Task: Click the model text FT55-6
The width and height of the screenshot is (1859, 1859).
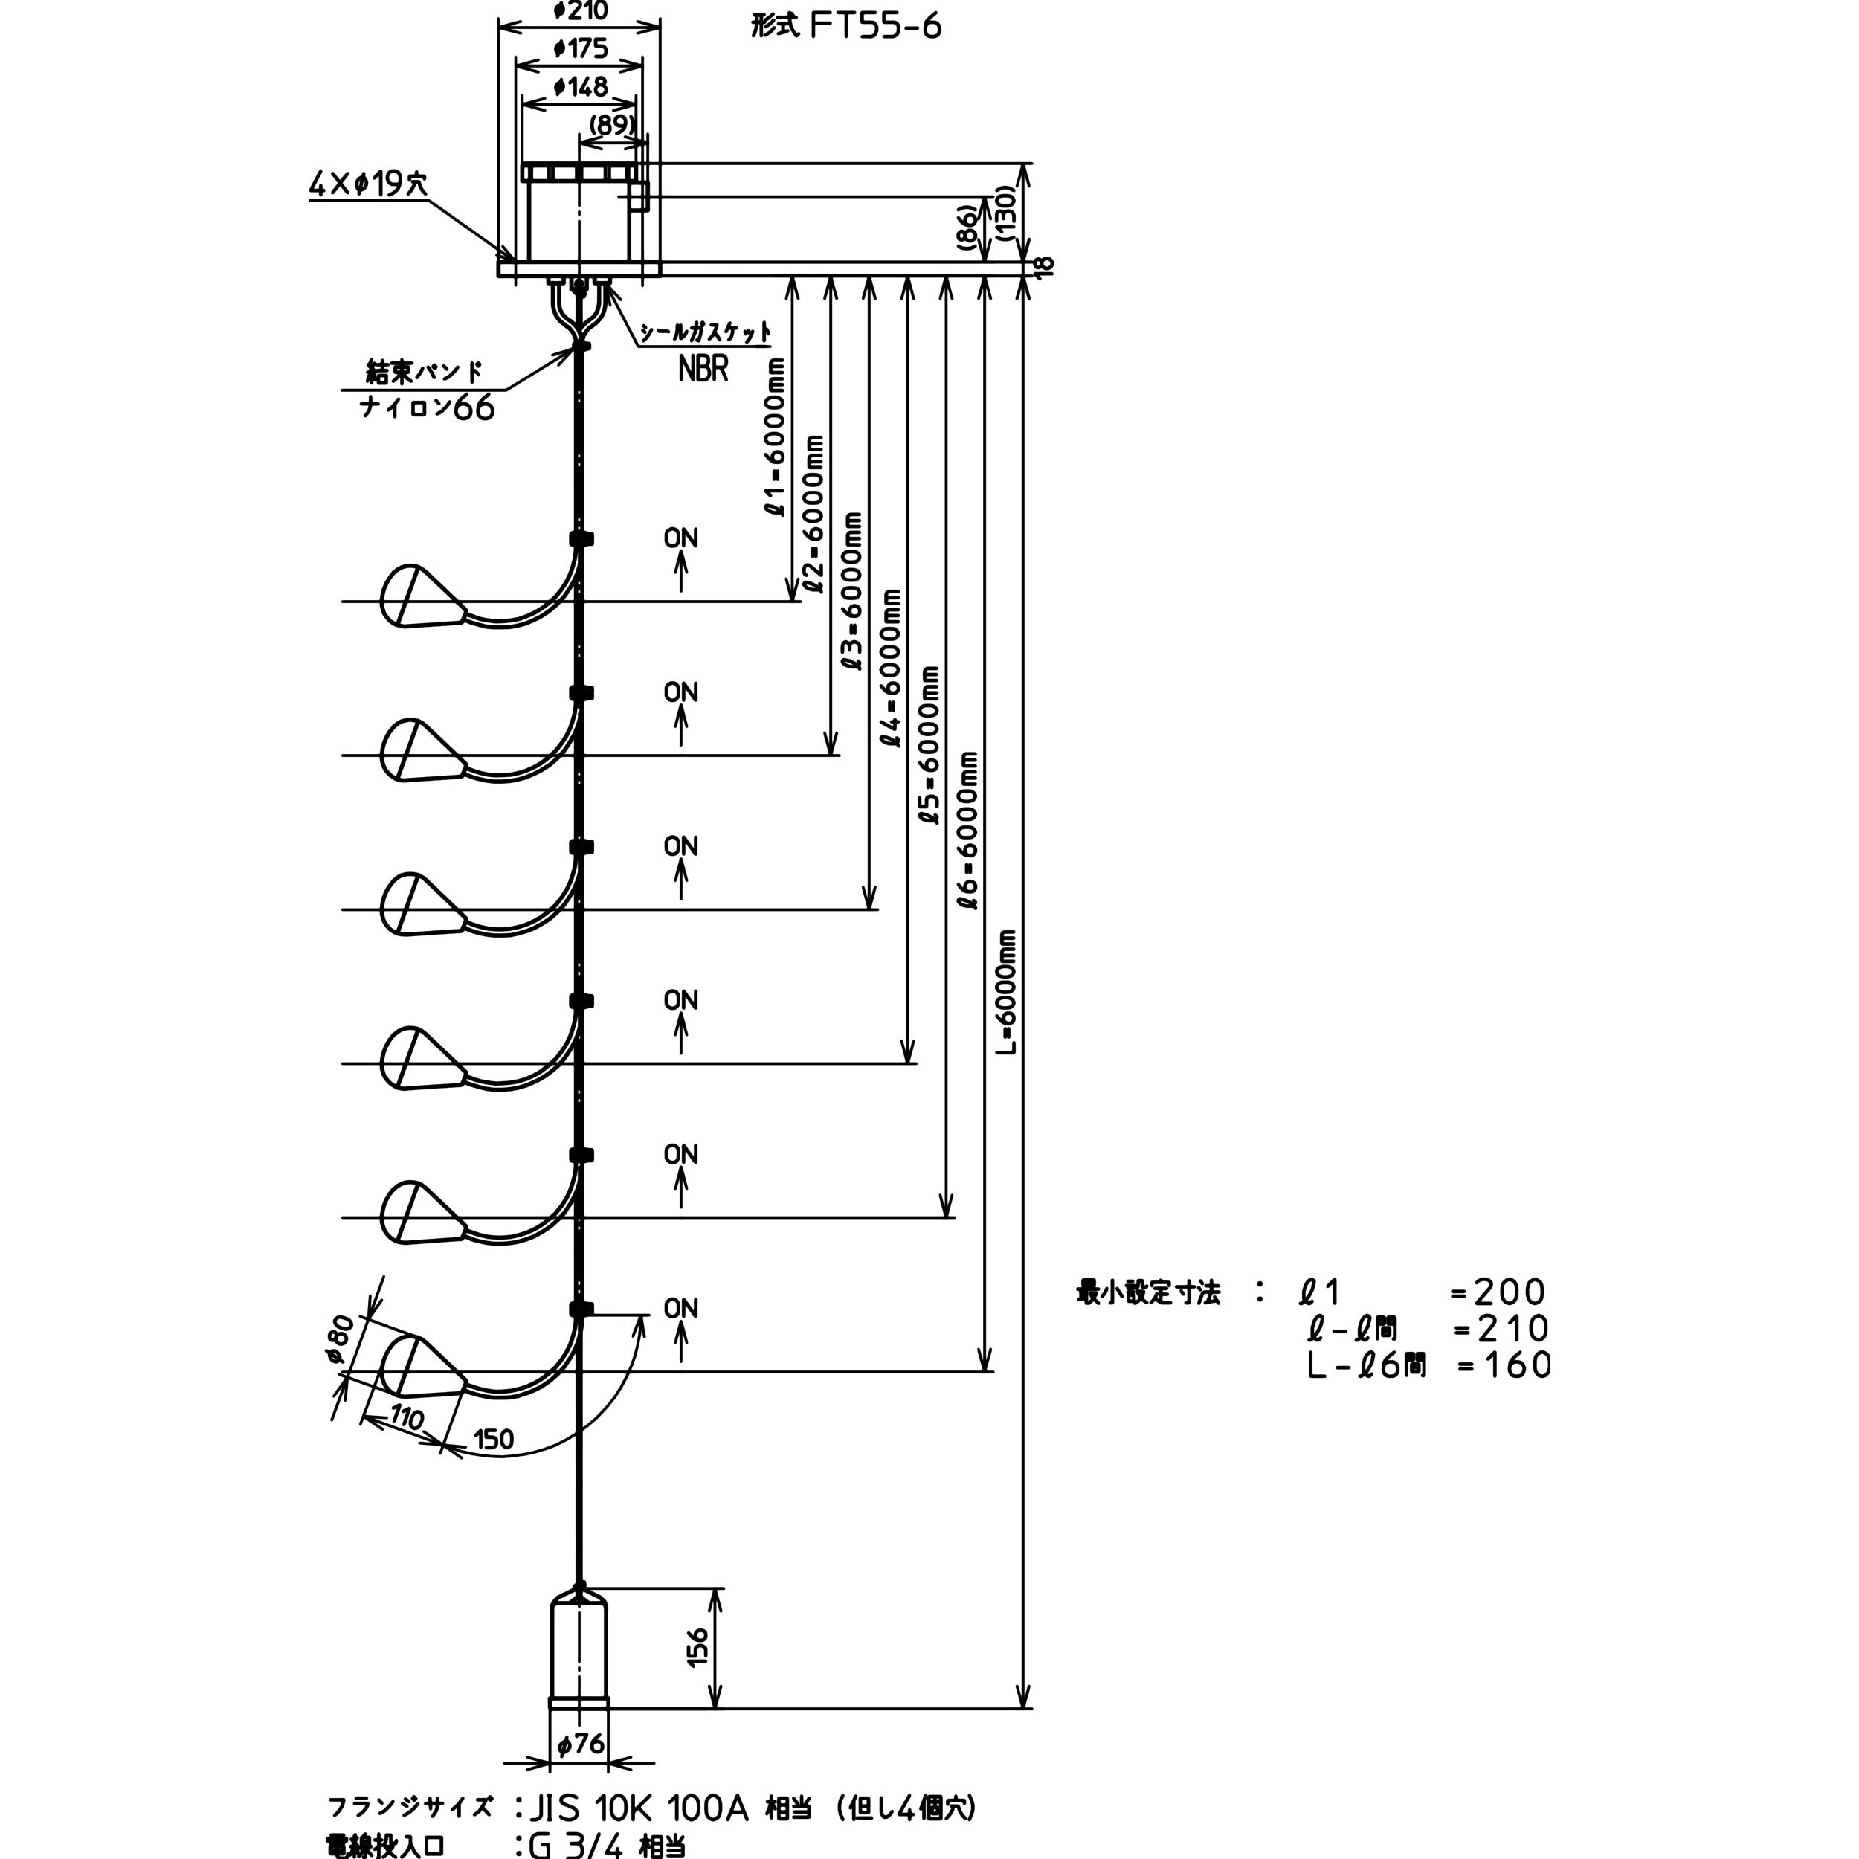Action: [874, 26]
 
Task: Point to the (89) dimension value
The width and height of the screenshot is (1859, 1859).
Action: [612, 125]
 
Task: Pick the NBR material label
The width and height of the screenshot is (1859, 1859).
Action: [703, 369]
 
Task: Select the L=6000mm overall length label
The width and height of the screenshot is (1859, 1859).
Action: [1007, 991]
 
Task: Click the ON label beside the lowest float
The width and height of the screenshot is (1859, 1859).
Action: [680, 1308]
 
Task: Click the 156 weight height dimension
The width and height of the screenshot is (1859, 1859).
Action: [697, 1647]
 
